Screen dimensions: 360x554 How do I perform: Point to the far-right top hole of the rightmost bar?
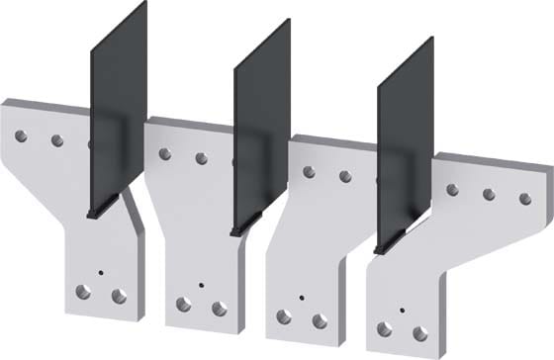coord(525,199)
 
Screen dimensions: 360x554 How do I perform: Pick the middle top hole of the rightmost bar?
coord(489,194)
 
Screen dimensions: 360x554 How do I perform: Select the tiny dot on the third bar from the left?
coord(300,297)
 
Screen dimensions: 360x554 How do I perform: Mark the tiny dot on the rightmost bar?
coord(401,310)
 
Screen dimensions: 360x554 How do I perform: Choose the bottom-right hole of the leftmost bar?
coord(119,296)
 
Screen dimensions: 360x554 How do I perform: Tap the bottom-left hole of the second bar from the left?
coord(183,305)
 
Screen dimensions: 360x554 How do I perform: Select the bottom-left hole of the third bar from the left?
coord(284,316)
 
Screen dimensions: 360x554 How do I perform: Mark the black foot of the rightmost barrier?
coord(391,245)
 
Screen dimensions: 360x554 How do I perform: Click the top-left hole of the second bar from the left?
coord(165,153)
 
